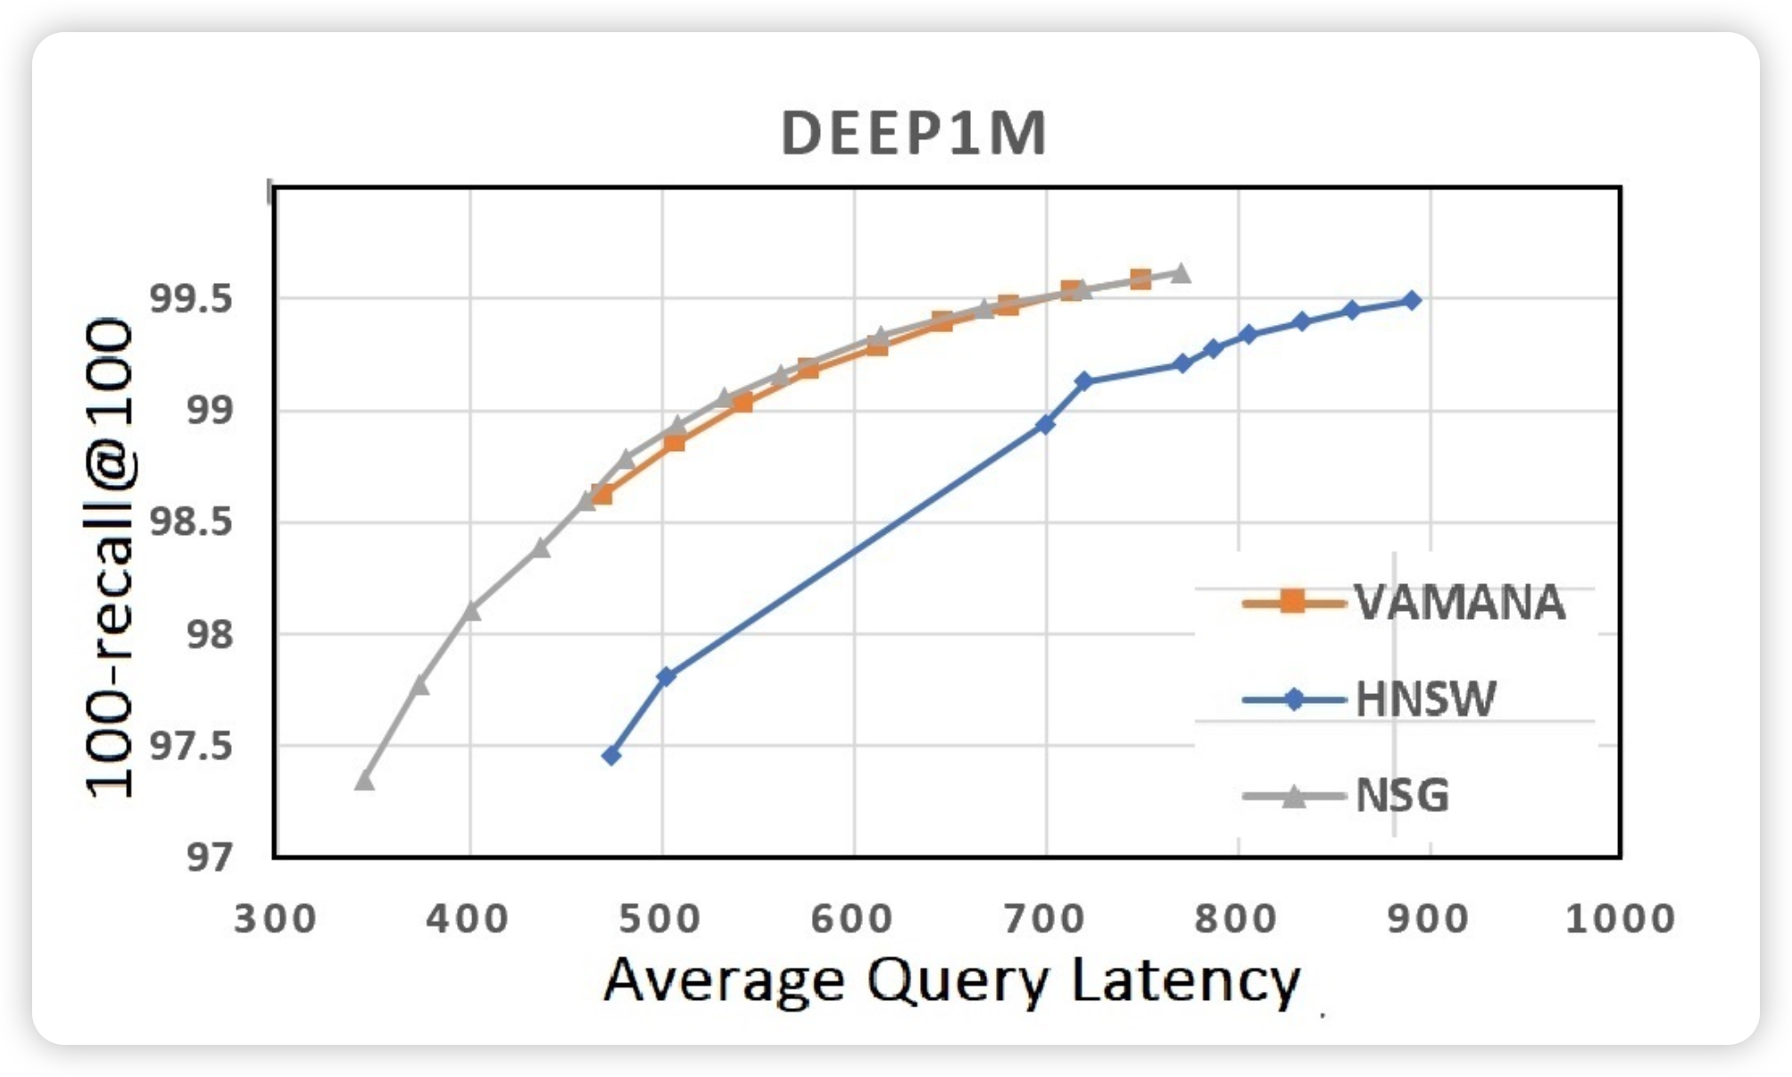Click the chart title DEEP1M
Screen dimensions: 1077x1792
[913, 134]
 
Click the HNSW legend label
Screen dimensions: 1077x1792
[1425, 699]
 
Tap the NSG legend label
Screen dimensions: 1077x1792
[1402, 795]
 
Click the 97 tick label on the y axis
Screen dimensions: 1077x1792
[209, 857]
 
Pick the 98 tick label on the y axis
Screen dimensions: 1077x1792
[209, 634]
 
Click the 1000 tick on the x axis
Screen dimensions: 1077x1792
[1620, 919]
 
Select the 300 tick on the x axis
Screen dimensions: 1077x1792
[275, 919]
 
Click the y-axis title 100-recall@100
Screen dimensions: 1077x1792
[111, 558]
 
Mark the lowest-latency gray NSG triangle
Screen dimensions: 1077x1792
[364, 780]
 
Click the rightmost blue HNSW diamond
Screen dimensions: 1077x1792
[1412, 300]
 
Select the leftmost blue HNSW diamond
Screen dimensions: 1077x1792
[611, 756]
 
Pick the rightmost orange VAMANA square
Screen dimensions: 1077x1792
[1141, 280]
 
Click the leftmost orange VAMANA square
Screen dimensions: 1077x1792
[601, 494]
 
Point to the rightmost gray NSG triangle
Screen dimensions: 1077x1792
[1181, 273]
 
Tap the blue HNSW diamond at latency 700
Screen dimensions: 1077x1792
[1045, 424]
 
